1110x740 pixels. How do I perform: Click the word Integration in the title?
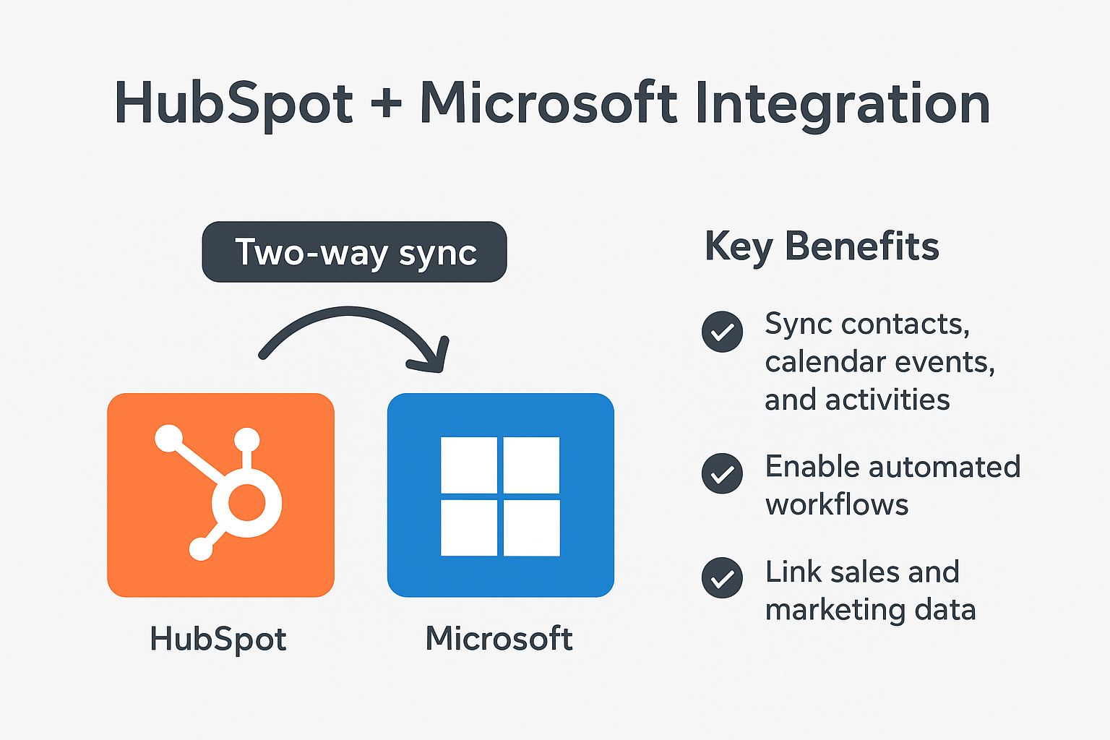click(843, 104)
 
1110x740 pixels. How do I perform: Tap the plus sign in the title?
click(386, 103)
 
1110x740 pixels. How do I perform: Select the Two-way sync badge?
click(354, 251)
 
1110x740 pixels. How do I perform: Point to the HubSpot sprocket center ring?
click(246, 502)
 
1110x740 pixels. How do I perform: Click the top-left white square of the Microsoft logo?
click(469, 465)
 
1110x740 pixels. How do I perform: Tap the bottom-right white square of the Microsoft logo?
click(532, 528)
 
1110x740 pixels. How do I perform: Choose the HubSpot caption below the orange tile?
click(218, 640)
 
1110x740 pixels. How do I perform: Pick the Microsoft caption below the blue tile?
click(499, 638)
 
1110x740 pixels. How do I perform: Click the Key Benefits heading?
click(822, 247)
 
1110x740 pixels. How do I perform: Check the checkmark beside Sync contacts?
click(722, 332)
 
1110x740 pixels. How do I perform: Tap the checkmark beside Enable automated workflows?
click(722, 473)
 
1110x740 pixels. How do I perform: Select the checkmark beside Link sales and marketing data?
click(722, 578)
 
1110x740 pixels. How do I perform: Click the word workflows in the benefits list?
click(836, 505)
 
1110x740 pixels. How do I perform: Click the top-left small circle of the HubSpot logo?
click(169, 438)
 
